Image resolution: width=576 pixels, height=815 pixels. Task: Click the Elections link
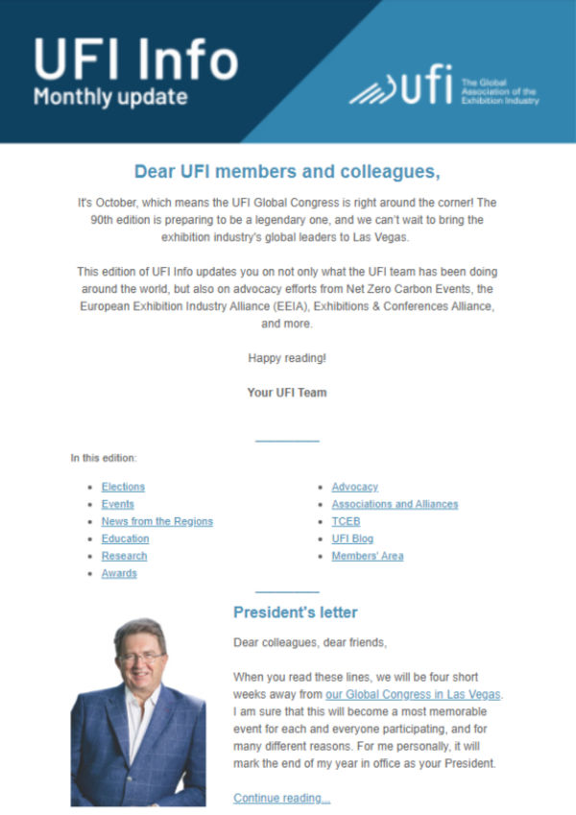pyautogui.click(x=123, y=487)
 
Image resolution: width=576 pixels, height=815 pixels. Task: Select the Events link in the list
pyautogui.click(x=117, y=504)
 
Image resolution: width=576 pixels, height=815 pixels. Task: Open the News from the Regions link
pyautogui.click(x=156, y=521)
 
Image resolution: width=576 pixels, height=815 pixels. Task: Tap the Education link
pyautogui.click(x=125, y=539)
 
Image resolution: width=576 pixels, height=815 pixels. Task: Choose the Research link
pyautogui.click(x=124, y=556)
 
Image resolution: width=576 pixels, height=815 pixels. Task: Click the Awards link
pyautogui.click(x=119, y=573)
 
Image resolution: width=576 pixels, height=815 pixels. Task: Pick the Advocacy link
pyautogui.click(x=354, y=487)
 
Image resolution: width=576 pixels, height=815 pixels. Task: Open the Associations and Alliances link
pyautogui.click(x=395, y=504)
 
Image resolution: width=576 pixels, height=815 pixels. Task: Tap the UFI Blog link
pyautogui.click(x=352, y=539)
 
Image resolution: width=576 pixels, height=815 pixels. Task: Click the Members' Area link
pyautogui.click(x=367, y=556)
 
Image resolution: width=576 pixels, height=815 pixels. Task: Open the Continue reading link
pyautogui.click(x=281, y=798)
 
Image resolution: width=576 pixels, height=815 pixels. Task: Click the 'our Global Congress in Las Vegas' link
pyautogui.click(x=413, y=694)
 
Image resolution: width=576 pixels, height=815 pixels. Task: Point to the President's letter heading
pyautogui.click(x=295, y=611)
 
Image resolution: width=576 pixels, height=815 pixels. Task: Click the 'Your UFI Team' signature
pyautogui.click(x=287, y=392)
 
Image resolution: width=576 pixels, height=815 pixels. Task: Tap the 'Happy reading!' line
pyautogui.click(x=287, y=358)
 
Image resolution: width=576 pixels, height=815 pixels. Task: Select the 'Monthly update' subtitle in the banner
pyautogui.click(x=110, y=97)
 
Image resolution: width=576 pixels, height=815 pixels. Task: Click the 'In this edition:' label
pyautogui.click(x=104, y=458)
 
